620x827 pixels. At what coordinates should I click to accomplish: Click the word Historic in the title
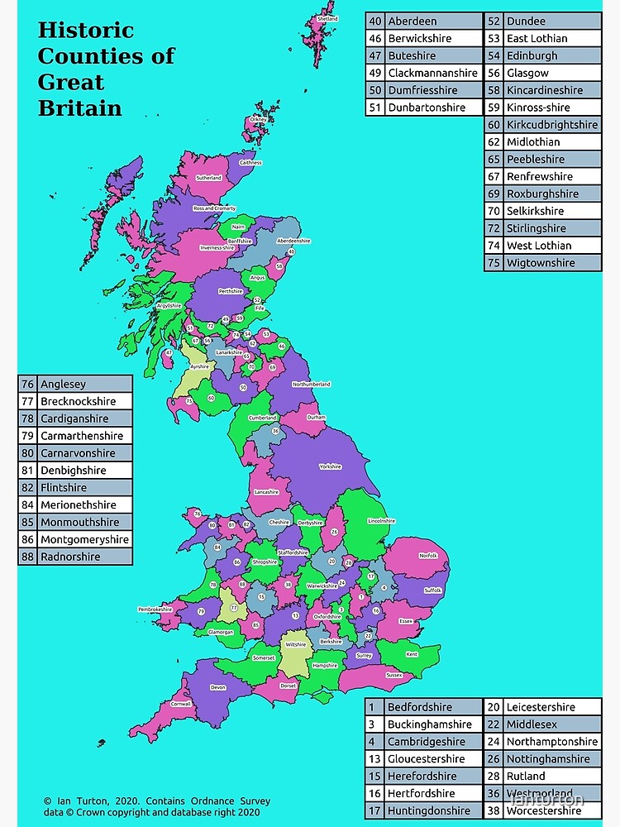(x=85, y=31)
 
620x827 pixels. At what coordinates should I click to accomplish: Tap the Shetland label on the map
(x=327, y=18)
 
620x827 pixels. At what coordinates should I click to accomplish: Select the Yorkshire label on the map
(x=331, y=466)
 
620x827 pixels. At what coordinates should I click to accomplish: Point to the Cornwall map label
(x=181, y=705)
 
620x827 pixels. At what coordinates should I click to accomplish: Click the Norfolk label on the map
(x=428, y=556)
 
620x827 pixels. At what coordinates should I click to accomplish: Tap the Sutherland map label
(x=208, y=178)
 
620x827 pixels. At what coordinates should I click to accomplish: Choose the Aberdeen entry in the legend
(x=413, y=21)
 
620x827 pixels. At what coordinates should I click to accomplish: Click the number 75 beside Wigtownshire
(x=494, y=263)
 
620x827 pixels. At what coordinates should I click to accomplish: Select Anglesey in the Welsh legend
(x=64, y=384)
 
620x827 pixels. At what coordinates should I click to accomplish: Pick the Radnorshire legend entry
(x=70, y=557)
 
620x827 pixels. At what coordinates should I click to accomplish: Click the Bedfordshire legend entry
(x=420, y=707)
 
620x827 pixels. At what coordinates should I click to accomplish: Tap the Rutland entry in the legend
(x=526, y=776)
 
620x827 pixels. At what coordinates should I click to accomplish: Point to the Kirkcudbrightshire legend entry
(x=552, y=125)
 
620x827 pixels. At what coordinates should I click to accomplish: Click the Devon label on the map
(x=218, y=687)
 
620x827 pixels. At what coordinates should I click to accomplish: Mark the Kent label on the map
(x=413, y=654)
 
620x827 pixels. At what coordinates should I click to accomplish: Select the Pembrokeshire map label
(x=155, y=609)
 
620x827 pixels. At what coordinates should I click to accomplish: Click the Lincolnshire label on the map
(x=382, y=521)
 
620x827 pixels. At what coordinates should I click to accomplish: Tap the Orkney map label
(x=259, y=119)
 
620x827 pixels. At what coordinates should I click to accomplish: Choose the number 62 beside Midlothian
(x=494, y=142)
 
